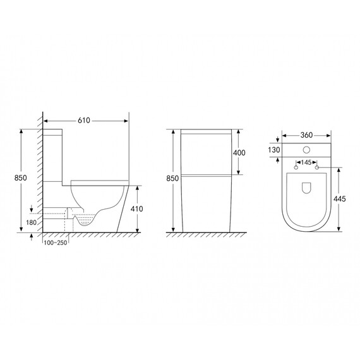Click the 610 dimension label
click(84, 121)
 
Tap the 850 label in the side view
click(20, 178)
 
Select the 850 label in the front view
click(172, 178)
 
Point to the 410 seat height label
click(136, 209)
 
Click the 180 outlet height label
click(31, 222)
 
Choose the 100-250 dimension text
click(56, 243)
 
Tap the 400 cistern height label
click(239, 153)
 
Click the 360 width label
click(306, 135)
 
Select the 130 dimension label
click(274, 150)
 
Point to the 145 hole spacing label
click(306, 162)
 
